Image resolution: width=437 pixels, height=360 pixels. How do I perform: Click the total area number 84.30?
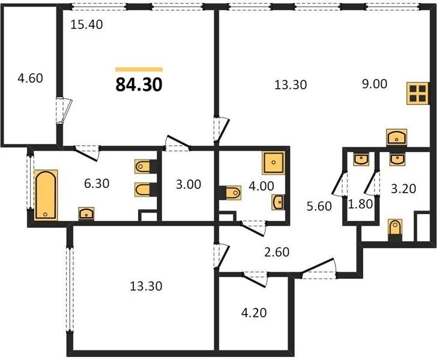tap(139, 85)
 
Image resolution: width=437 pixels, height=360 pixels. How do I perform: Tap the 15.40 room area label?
tap(86, 25)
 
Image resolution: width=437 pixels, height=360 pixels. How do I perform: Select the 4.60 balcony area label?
tap(30, 78)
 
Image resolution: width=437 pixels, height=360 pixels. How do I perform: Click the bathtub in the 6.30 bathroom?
tap(46, 195)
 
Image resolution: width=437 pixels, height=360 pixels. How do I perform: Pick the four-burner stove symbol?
tap(418, 94)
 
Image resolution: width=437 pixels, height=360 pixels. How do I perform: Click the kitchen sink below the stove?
tap(396, 137)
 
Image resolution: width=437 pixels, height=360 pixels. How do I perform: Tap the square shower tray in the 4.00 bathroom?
tap(273, 163)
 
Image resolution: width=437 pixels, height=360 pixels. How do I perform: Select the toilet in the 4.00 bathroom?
tap(231, 193)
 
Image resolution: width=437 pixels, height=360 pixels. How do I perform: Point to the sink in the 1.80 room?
tap(361, 160)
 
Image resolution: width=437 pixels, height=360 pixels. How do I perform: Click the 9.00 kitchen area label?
tap(375, 84)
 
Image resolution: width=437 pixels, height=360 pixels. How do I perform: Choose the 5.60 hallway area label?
tap(319, 206)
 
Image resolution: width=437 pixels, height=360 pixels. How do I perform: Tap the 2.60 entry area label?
tap(277, 252)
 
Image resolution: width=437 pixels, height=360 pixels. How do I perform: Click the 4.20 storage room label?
tap(254, 313)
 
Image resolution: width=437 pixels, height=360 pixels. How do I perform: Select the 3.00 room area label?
tap(188, 184)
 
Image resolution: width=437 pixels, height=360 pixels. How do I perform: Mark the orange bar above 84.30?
tap(139, 70)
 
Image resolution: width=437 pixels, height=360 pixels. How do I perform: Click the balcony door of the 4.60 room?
tap(64, 110)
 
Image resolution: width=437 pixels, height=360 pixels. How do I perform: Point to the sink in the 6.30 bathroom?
tap(86, 214)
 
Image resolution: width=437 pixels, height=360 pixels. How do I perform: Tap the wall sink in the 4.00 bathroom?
tap(278, 202)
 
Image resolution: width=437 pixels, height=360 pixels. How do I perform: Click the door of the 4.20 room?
tap(255, 278)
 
